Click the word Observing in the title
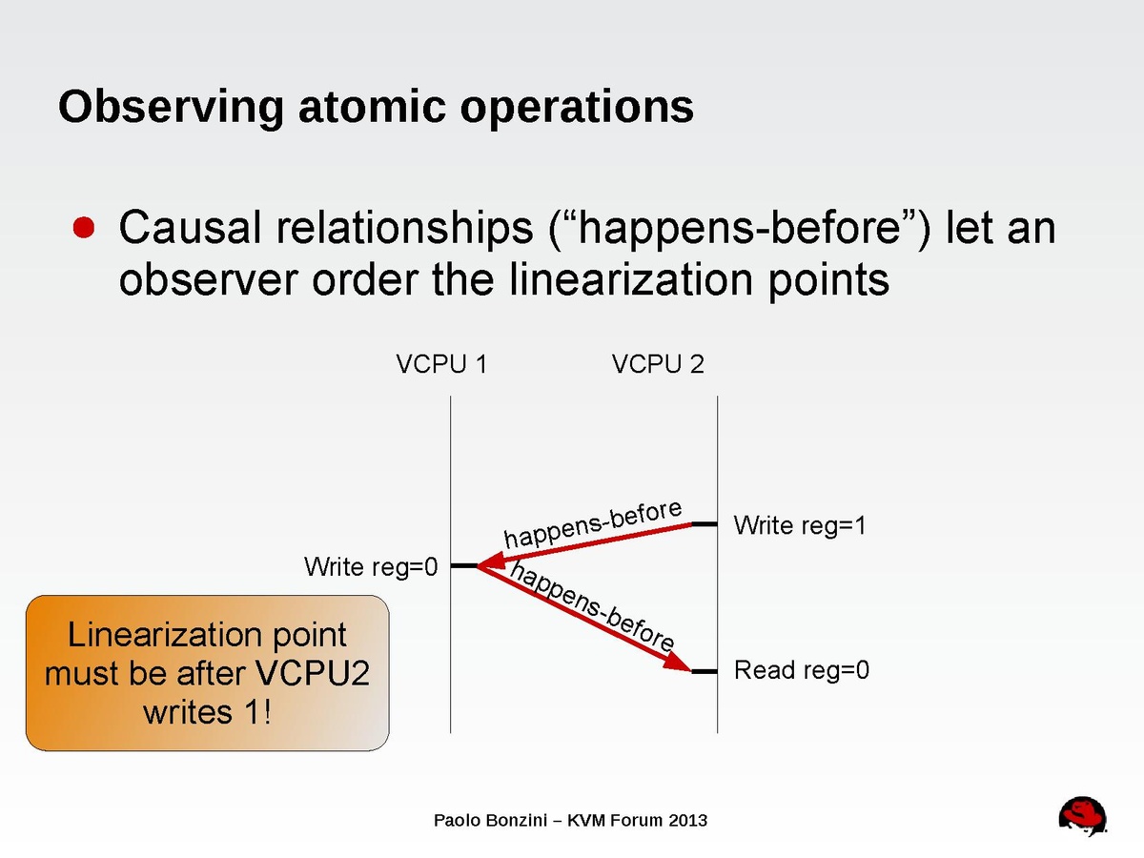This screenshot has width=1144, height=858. pos(171,108)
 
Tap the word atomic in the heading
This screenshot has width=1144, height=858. pos(372,106)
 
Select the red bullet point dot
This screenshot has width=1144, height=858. pos(84,227)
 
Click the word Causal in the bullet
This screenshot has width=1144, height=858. pos(190,228)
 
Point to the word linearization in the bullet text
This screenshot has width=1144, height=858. pos(631,279)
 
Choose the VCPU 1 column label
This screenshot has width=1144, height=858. pos(441,363)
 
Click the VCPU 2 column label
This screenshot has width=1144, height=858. pos(658,363)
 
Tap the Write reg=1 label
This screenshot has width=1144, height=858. pos(800,525)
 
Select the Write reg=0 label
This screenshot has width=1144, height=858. pos(371,566)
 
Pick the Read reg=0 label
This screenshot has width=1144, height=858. pos(802,670)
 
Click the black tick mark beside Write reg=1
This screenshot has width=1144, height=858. pos(705,524)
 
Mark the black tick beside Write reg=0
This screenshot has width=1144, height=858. pos(464,565)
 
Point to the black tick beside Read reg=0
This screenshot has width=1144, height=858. pos(705,672)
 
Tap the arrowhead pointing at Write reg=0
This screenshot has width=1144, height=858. pos(491,562)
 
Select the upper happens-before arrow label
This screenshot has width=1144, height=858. pos(593,523)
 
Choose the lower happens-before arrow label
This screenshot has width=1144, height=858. pos(592,606)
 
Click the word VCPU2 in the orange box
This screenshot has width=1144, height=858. pos(313,673)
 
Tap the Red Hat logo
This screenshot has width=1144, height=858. pos(1082,816)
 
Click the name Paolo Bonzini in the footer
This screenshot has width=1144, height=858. pos(490,821)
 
